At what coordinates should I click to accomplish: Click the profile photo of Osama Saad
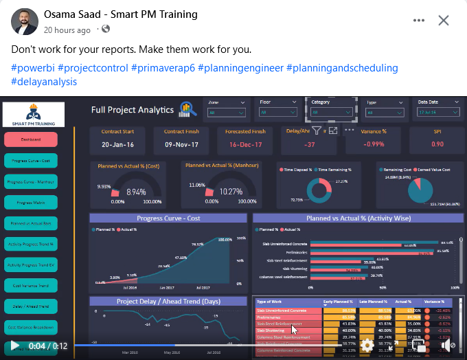[25, 22]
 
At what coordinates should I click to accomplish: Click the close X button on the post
[444, 21]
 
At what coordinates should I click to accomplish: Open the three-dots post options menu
[419, 21]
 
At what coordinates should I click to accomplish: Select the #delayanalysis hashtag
[44, 82]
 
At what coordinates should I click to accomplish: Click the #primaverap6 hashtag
[166, 68]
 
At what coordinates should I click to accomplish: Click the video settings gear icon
[367, 346]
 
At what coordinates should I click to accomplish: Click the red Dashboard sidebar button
[30, 139]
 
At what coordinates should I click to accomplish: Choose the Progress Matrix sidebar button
[30, 202]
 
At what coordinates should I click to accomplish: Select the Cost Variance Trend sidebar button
[30, 285]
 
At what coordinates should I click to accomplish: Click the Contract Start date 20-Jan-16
[117, 144]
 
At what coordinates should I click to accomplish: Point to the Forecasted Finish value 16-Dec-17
[244, 144]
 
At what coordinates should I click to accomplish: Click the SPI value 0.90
[437, 144]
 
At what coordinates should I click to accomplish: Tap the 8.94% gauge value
[136, 192]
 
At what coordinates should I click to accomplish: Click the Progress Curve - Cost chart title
[168, 218]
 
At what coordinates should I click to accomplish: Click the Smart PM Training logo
[34, 114]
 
